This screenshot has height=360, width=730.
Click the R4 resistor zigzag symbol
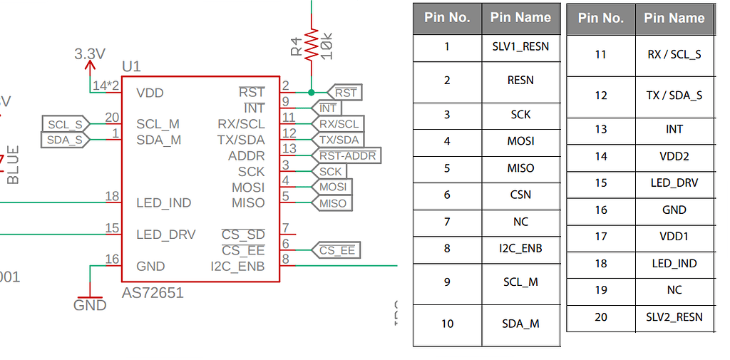click(x=311, y=44)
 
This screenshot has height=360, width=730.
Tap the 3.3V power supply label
click(x=90, y=54)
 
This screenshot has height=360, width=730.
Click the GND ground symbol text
click(x=90, y=305)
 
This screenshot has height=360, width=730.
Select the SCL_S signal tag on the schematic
click(x=65, y=125)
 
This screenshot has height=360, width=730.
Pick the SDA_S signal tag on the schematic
click(x=65, y=140)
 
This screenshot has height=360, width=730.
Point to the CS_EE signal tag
click(x=336, y=250)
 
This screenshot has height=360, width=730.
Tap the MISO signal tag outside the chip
click(x=332, y=203)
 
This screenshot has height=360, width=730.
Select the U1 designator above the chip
click(x=131, y=67)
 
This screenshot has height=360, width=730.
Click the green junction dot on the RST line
click(x=311, y=92)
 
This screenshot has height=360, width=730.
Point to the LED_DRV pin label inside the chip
click(x=165, y=235)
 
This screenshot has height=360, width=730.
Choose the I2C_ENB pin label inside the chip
click(x=237, y=266)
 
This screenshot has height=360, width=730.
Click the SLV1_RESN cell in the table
click(x=520, y=47)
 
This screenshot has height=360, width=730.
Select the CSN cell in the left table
click(x=520, y=195)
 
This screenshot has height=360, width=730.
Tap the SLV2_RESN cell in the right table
click(x=674, y=317)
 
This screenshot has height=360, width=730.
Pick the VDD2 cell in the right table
click(x=674, y=156)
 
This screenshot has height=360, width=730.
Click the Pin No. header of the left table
click(x=447, y=18)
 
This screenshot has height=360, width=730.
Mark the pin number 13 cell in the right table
click(x=601, y=129)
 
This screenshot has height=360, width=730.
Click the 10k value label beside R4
click(x=328, y=45)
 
